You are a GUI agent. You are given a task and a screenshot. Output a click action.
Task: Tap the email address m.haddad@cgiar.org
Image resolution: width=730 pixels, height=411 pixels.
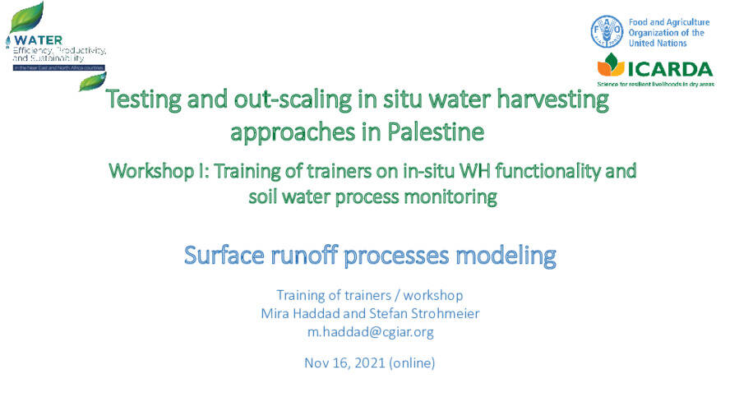click(x=369, y=332)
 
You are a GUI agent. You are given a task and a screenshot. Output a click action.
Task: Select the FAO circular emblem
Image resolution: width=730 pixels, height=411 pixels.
click(x=607, y=31)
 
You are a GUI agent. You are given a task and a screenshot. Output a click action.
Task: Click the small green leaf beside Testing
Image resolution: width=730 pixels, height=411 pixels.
click(x=93, y=81)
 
